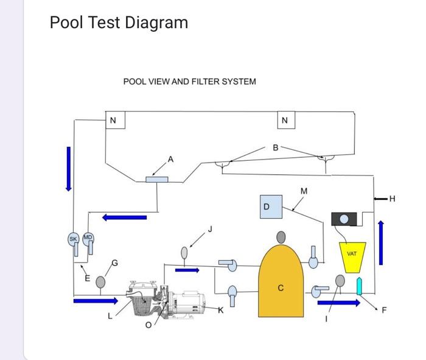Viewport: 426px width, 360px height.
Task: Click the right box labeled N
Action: coord(285,120)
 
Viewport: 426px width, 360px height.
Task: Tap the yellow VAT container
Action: coord(351,256)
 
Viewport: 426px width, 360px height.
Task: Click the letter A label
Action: coord(170,159)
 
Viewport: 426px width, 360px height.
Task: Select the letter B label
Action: coord(276,147)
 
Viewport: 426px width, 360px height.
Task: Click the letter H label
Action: coord(392,198)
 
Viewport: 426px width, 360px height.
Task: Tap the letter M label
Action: coord(304,191)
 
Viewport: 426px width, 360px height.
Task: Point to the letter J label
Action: coord(210,229)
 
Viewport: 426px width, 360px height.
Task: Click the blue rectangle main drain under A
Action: coord(157,179)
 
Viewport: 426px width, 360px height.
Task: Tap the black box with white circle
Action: coord(344,219)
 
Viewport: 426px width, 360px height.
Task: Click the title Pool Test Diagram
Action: coord(119,23)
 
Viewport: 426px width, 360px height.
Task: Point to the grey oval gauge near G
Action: coord(100,282)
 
